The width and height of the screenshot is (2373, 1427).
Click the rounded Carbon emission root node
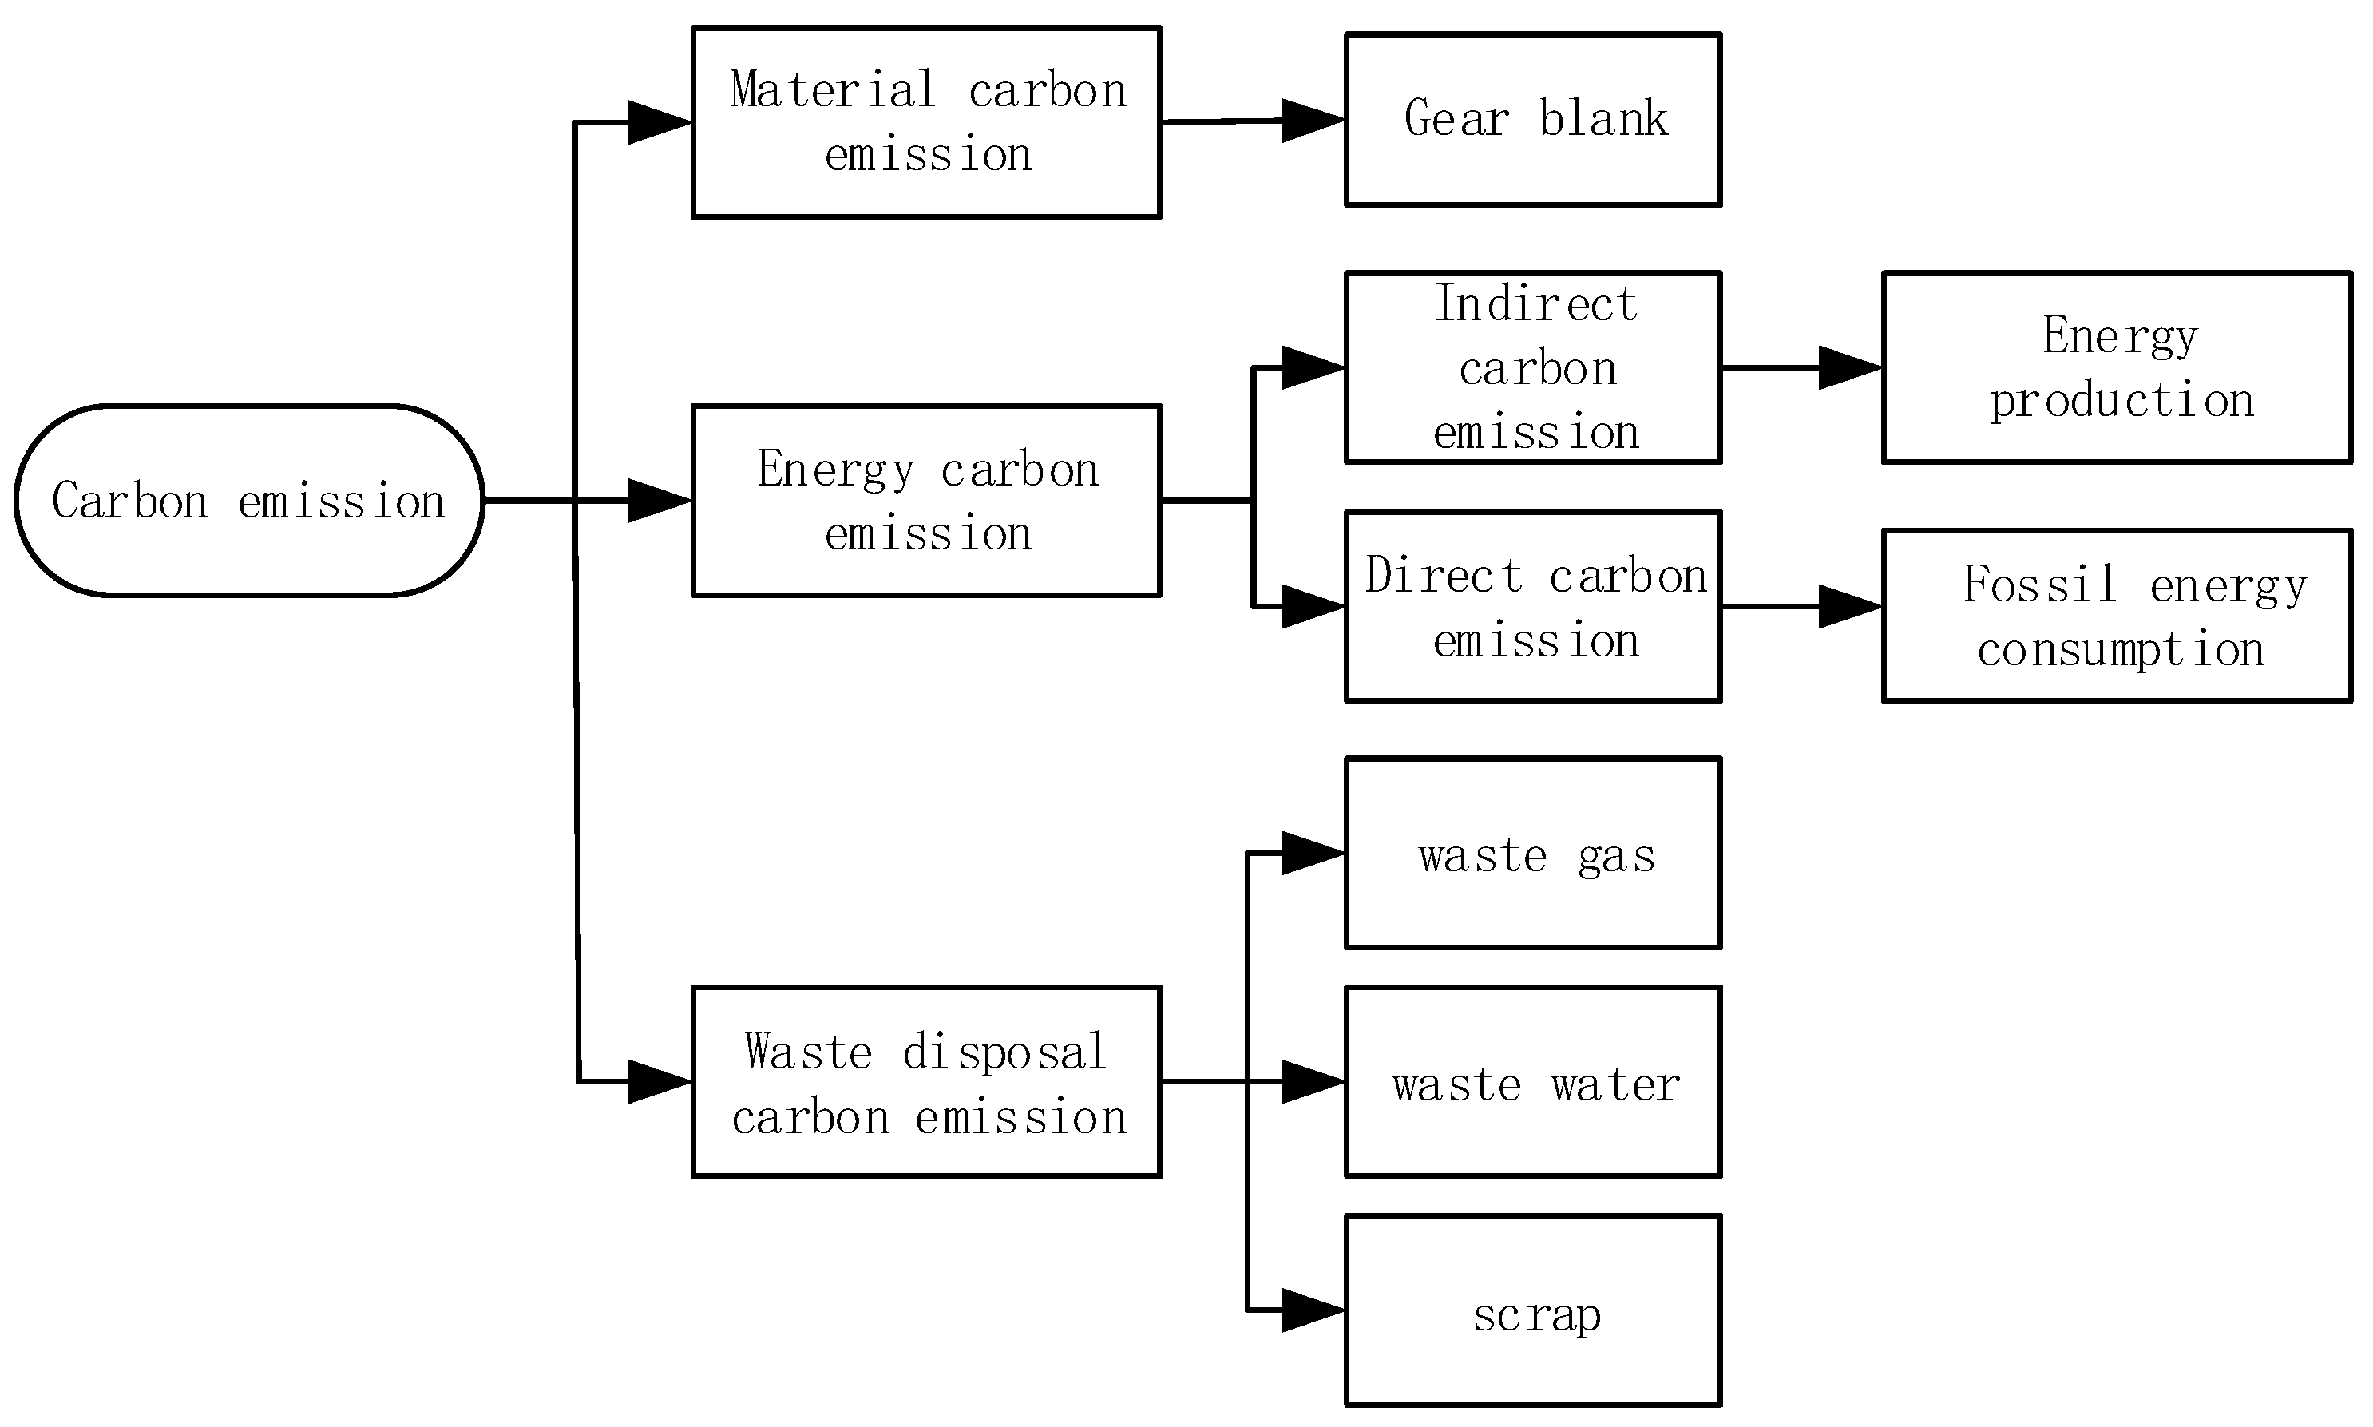[249, 500]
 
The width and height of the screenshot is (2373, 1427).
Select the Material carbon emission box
[926, 122]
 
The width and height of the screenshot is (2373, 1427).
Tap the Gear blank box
[1533, 119]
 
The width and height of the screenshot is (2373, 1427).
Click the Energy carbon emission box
[926, 500]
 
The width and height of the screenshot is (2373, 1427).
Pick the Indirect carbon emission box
[1533, 367]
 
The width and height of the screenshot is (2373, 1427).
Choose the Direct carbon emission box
[1533, 607]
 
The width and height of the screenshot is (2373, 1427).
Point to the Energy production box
[2116, 367]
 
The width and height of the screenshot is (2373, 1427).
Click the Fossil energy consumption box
[2116, 616]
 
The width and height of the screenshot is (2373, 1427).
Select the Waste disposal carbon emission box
[926, 1082]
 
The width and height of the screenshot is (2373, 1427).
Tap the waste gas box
[1533, 853]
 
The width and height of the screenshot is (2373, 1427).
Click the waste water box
[1533, 1082]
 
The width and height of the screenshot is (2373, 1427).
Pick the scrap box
[1533, 1310]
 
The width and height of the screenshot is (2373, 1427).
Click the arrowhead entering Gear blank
[1313, 121]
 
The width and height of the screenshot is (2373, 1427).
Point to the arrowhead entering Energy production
[1849, 367]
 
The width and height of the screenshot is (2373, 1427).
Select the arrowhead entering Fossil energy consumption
[1849, 607]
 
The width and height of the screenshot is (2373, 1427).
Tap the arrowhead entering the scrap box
[1313, 1310]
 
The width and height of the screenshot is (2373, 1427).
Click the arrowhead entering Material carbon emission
[659, 122]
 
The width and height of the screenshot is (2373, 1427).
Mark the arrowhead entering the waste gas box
[1313, 853]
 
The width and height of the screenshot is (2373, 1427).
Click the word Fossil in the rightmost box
[2039, 584]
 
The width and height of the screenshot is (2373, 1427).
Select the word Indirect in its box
[1535, 304]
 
